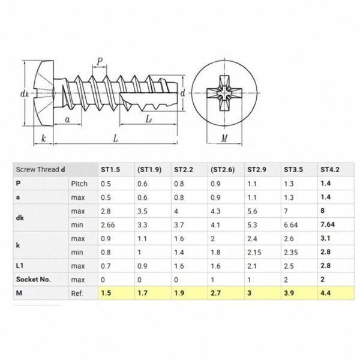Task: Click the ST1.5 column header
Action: coord(110,170)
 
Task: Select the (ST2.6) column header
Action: coord(223,170)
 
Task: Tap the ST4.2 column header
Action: coord(330,170)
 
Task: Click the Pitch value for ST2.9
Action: coord(252,184)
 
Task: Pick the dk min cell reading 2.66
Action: coord(107,225)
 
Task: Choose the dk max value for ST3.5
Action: coord(286,211)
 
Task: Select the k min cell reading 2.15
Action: coord(254,253)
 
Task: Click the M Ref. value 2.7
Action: coord(215,293)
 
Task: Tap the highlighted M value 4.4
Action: coord(326,293)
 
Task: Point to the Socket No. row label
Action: coord(34,280)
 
